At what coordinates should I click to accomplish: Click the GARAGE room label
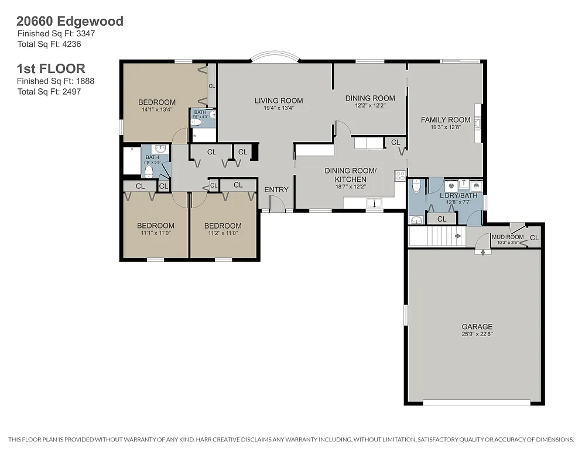point(477,327)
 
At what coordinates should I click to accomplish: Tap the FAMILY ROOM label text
point(445,120)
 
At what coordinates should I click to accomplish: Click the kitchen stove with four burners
point(400,175)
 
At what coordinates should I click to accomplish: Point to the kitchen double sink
point(373,203)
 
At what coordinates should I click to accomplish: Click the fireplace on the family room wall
point(478,123)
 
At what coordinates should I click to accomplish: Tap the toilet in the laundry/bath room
point(416,186)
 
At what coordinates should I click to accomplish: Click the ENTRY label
point(276,189)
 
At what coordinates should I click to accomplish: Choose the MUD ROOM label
point(507,237)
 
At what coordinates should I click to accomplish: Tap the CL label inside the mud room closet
point(533,237)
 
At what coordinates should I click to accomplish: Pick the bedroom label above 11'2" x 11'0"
point(222,226)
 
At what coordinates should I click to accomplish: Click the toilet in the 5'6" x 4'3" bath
point(197,123)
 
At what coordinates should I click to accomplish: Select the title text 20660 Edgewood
point(70,22)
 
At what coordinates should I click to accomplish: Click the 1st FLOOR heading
point(50,68)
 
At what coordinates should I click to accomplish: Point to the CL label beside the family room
point(395,142)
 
